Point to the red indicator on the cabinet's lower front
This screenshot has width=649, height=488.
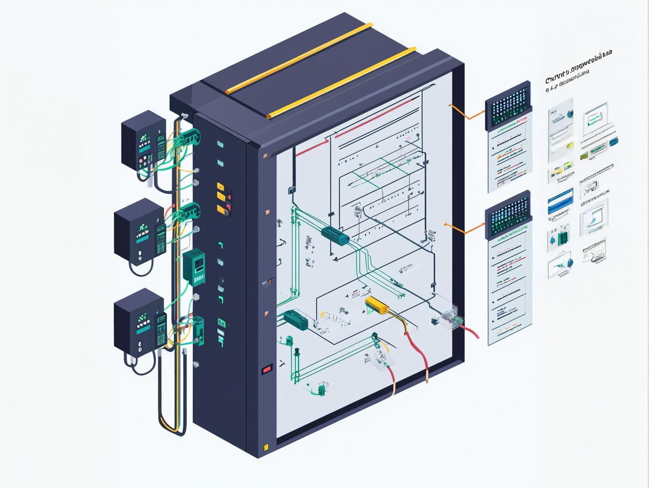coord(266,368)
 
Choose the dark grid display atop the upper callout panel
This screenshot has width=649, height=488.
coord(508,105)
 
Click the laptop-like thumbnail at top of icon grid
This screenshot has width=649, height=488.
coord(596,116)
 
